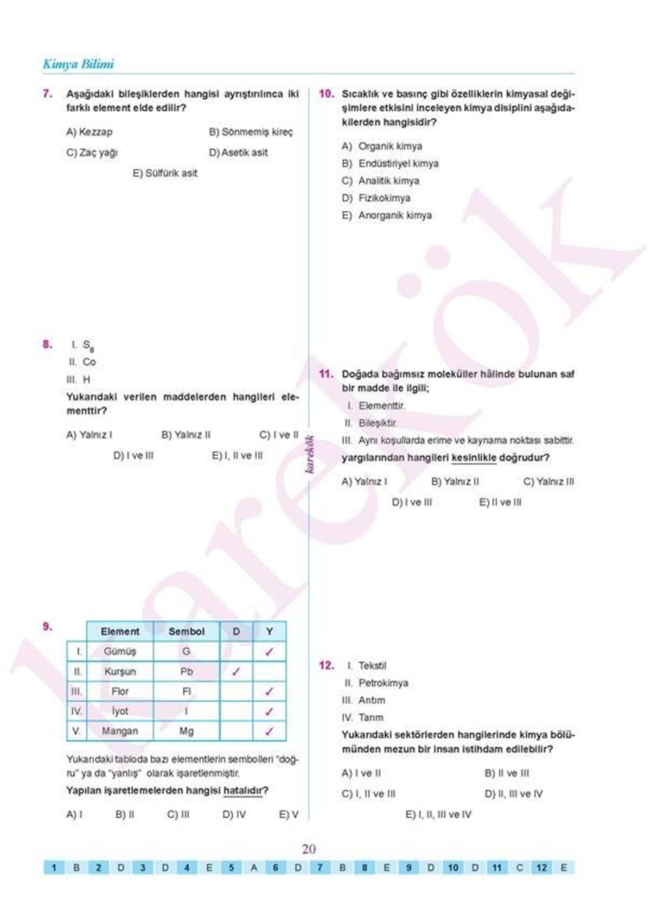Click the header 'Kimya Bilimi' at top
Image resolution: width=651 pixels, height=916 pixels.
pos(78,64)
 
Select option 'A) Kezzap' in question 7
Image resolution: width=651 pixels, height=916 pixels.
pos(90,132)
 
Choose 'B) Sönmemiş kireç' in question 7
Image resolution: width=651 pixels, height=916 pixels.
pos(251,132)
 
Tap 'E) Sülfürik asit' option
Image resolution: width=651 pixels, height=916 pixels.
pos(165,173)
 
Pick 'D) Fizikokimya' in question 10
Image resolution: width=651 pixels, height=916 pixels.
pos(376,198)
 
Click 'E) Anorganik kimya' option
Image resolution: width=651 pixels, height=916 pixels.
pos(387,215)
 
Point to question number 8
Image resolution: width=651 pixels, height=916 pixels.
pos(48,344)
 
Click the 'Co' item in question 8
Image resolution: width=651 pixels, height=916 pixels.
pos(89,362)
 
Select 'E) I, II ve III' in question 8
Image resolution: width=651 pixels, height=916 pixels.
pos(237,456)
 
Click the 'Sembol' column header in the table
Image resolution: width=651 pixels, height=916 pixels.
pos(186,632)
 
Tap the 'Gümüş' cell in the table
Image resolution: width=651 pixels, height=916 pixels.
pos(120,651)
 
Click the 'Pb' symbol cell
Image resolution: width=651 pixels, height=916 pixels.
pos(186,671)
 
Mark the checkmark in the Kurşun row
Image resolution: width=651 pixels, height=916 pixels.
pos(236,671)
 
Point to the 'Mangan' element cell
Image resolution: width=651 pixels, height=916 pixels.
pos(120,731)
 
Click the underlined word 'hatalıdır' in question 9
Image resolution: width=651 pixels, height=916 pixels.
pos(242,791)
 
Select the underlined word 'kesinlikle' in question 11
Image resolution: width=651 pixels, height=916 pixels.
pos(474,458)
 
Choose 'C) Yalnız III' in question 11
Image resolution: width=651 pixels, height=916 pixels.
pos(548,481)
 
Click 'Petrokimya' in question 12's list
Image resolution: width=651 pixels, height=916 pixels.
pos(383,683)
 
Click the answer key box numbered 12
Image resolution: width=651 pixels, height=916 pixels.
pos(541,867)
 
